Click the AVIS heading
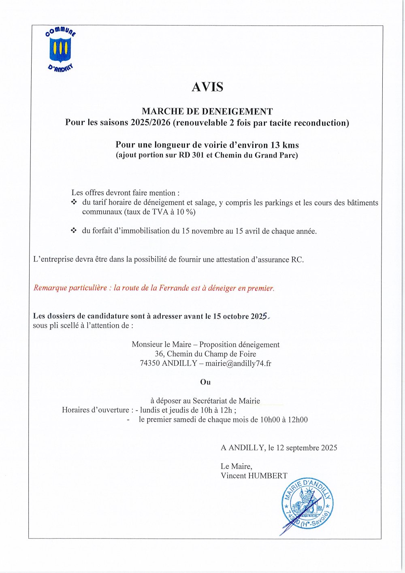pyautogui.click(x=207, y=87)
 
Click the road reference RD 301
pyautogui.click(x=192, y=155)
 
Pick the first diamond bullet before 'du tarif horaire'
pyautogui.click(x=74, y=202)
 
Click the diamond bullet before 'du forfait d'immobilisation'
pyautogui.click(x=74, y=230)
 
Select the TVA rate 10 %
pyautogui.click(x=185, y=212)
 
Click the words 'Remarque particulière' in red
pyautogui.click(x=70, y=288)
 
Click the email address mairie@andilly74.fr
pyautogui.click(x=238, y=363)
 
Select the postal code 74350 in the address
pyautogui.click(x=149, y=363)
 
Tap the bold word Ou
pyautogui.click(x=205, y=382)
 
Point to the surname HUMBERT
pyautogui.click(x=268, y=475)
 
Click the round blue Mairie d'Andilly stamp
pyautogui.click(x=307, y=504)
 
